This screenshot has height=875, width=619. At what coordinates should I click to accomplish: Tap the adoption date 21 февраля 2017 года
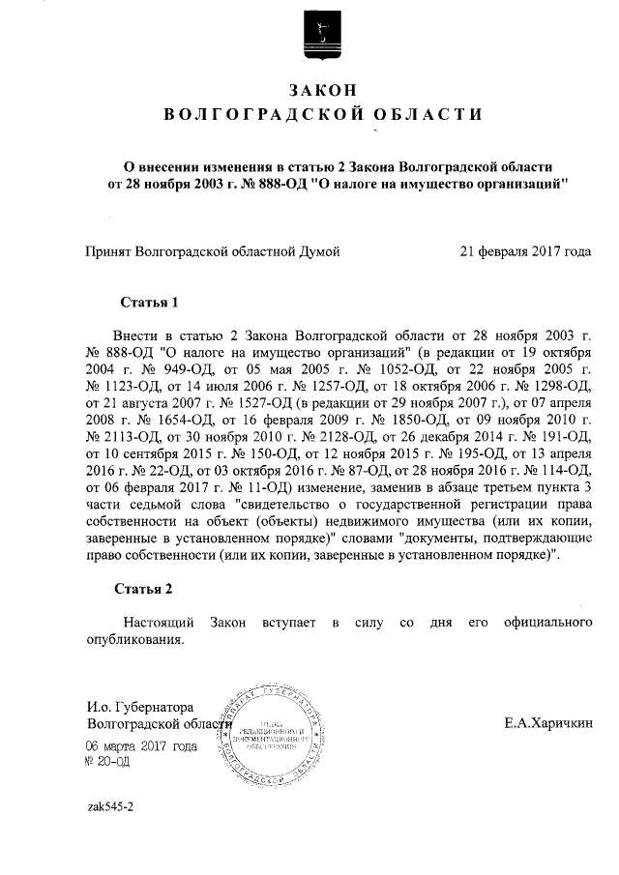pyautogui.click(x=524, y=252)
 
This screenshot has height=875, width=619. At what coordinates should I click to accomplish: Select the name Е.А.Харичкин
pyautogui.click(x=549, y=722)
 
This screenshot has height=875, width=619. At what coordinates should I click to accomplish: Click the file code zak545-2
pyautogui.click(x=109, y=805)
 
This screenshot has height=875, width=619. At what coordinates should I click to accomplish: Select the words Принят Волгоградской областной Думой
pyautogui.click(x=214, y=252)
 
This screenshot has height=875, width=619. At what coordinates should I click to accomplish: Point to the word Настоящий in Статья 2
pyautogui.click(x=161, y=622)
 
